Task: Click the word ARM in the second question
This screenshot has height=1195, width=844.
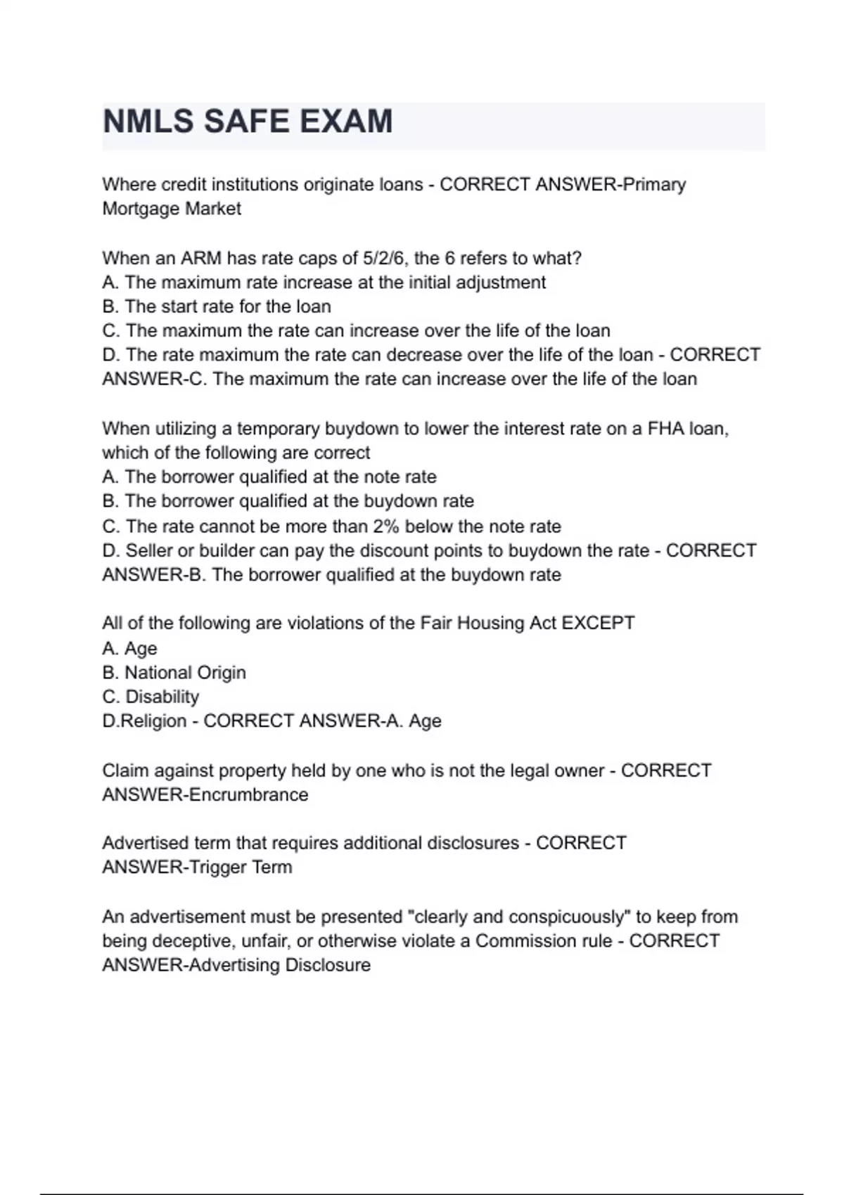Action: [x=201, y=258]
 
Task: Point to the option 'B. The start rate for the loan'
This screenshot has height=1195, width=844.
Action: [x=217, y=306]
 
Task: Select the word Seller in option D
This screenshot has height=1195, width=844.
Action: [x=149, y=550]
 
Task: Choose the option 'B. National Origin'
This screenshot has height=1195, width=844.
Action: [x=174, y=673]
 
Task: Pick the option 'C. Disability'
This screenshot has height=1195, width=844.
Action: [x=151, y=697]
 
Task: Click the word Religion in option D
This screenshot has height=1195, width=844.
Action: [x=154, y=721]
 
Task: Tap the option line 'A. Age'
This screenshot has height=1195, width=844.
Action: [x=130, y=648]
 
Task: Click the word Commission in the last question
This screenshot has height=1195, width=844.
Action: [x=543, y=941]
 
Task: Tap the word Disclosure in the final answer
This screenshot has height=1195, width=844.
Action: [x=328, y=965]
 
